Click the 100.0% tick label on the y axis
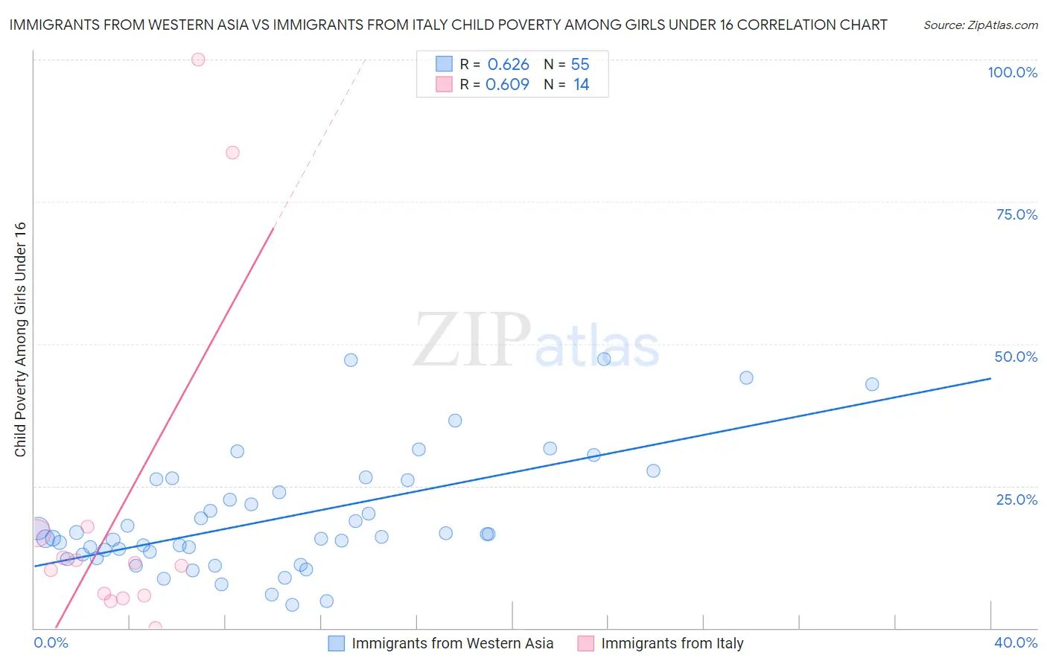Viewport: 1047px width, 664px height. [x=1012, y=72]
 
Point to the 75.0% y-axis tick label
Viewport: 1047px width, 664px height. [x=1016, y=214]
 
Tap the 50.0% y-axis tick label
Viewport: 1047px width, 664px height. [x=1016, y=357]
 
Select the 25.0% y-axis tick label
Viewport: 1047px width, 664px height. [x=1016, y=499]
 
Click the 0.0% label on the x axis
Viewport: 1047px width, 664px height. [x=51, y=642]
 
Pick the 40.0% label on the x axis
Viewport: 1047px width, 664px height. [x=1016, y=642]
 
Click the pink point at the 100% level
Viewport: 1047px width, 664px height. [x=198, y=60]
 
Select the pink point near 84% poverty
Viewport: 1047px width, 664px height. [x=232, y=153]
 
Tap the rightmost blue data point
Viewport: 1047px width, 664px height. [x=872, y=384]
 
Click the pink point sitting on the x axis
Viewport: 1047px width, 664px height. [x=155, y=628]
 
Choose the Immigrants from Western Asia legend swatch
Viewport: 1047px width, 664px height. [x=337, y=643]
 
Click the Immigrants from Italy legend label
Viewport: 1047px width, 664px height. [x=672, y=643]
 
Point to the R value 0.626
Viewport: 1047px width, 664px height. [x=508, y=65]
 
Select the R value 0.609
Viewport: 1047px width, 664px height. [x=507, y=85]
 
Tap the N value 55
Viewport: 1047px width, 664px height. [x=580, y=65]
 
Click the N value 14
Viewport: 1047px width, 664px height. [x=581, y=85]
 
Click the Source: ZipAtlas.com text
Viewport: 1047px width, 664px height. [x=980, y=25]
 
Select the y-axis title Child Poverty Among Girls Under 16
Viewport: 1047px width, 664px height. [x=20, y=339]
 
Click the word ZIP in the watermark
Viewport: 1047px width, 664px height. [x=471, y=341]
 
